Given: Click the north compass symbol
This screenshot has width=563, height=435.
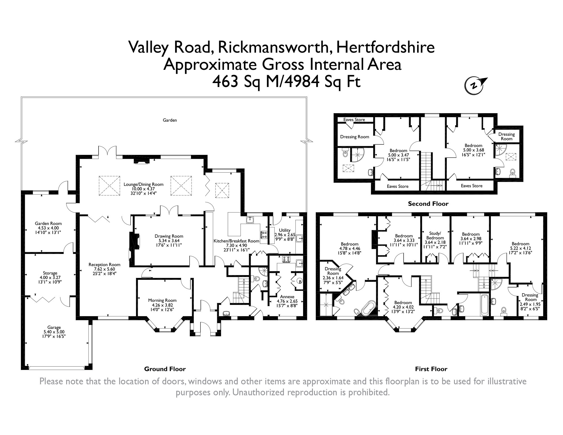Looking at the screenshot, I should [x=475, y=85].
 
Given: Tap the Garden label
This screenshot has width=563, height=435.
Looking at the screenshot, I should [x=170, y=120].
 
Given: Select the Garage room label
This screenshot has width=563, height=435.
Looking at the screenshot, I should [x=54, y=327].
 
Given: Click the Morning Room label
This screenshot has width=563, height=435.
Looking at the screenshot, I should [x=162, y=300].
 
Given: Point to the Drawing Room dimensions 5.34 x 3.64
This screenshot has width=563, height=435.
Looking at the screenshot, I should [x=169, y=241].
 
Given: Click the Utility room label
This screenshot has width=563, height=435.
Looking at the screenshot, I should [x=284, y=230].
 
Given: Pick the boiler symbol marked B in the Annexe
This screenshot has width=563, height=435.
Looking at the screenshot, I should [x=300, y=282].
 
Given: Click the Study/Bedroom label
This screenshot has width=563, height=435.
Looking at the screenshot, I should [x=435, y=236].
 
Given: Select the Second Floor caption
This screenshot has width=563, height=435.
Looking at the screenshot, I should [x=428, y=204].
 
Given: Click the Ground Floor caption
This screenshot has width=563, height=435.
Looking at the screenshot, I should [x=165, y=369].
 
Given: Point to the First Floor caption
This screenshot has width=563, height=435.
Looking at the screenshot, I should [x=431, y=369].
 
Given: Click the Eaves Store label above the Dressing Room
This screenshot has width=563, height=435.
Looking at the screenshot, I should [x=354, y=120].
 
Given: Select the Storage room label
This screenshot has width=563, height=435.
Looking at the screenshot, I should [x=50, y=273].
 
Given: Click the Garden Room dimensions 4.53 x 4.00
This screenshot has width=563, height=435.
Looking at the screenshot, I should [x=48, y=228].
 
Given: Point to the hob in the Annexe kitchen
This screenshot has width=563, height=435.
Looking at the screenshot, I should [x=286, y=260].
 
